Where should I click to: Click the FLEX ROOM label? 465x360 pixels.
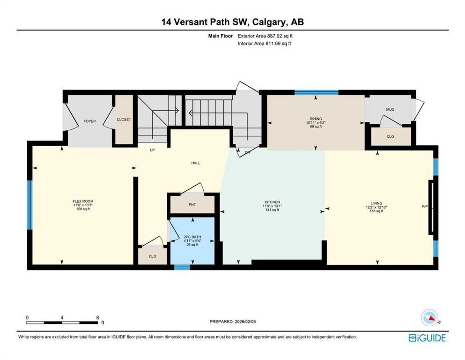point(83,201)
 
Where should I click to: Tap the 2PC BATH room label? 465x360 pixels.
point(192,238)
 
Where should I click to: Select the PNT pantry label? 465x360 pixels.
point(192,204)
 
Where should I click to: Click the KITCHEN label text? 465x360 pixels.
point(272,202)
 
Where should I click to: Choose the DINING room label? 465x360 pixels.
point(316,119)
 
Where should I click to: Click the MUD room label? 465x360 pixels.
point(390,110)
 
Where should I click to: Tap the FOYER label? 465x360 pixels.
point(89,121)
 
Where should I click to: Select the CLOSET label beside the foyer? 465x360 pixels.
point(124,120)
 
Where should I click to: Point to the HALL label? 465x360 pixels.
point(196,163)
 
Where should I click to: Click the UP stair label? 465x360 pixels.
point(152,150)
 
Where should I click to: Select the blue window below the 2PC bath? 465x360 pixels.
point(182,268)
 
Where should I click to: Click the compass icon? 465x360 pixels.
point(429,317)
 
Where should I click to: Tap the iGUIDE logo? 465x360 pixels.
point(427,337)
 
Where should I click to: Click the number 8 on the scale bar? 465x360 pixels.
point(97,317)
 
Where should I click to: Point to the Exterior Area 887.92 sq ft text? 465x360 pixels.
point(266,36)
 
